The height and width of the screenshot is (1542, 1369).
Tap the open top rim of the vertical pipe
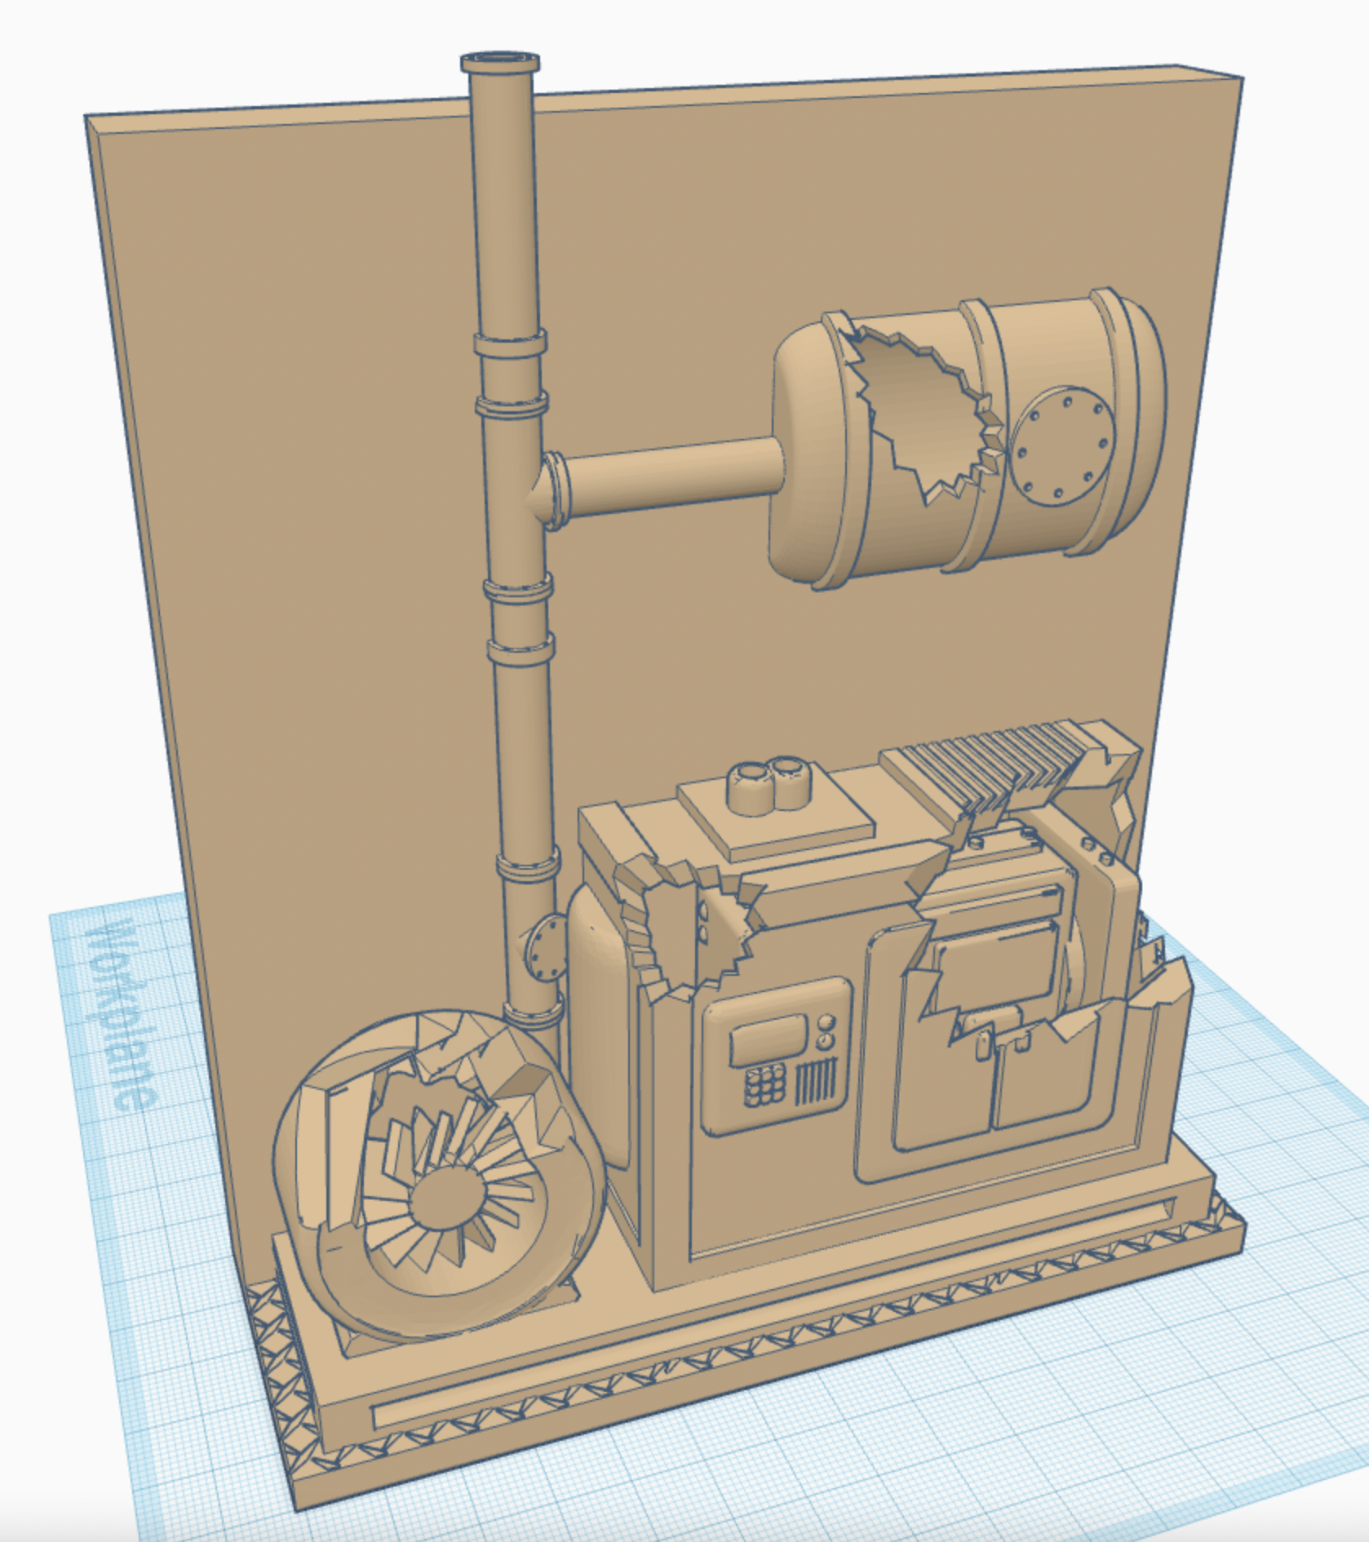500,61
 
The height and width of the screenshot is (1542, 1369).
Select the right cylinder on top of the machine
788,782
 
